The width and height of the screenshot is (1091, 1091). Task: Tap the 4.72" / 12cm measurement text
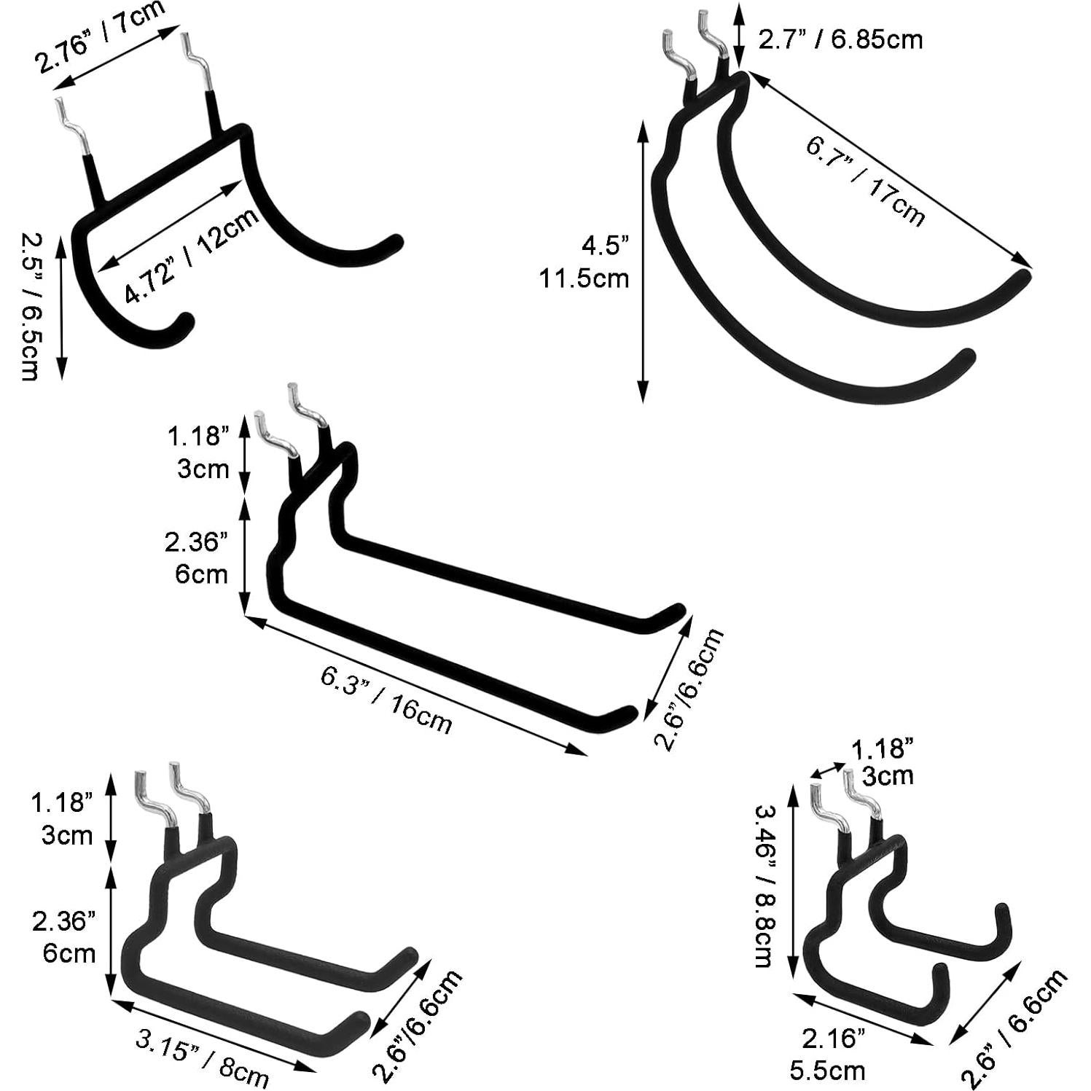pos(192,255)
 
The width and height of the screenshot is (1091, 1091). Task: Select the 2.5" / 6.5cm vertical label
pos(28,306)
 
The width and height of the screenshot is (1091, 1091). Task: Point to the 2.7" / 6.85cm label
pos(840,39)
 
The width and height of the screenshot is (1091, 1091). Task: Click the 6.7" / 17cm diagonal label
pos(866,181)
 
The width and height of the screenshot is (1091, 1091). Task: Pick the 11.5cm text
pos(584,278)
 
